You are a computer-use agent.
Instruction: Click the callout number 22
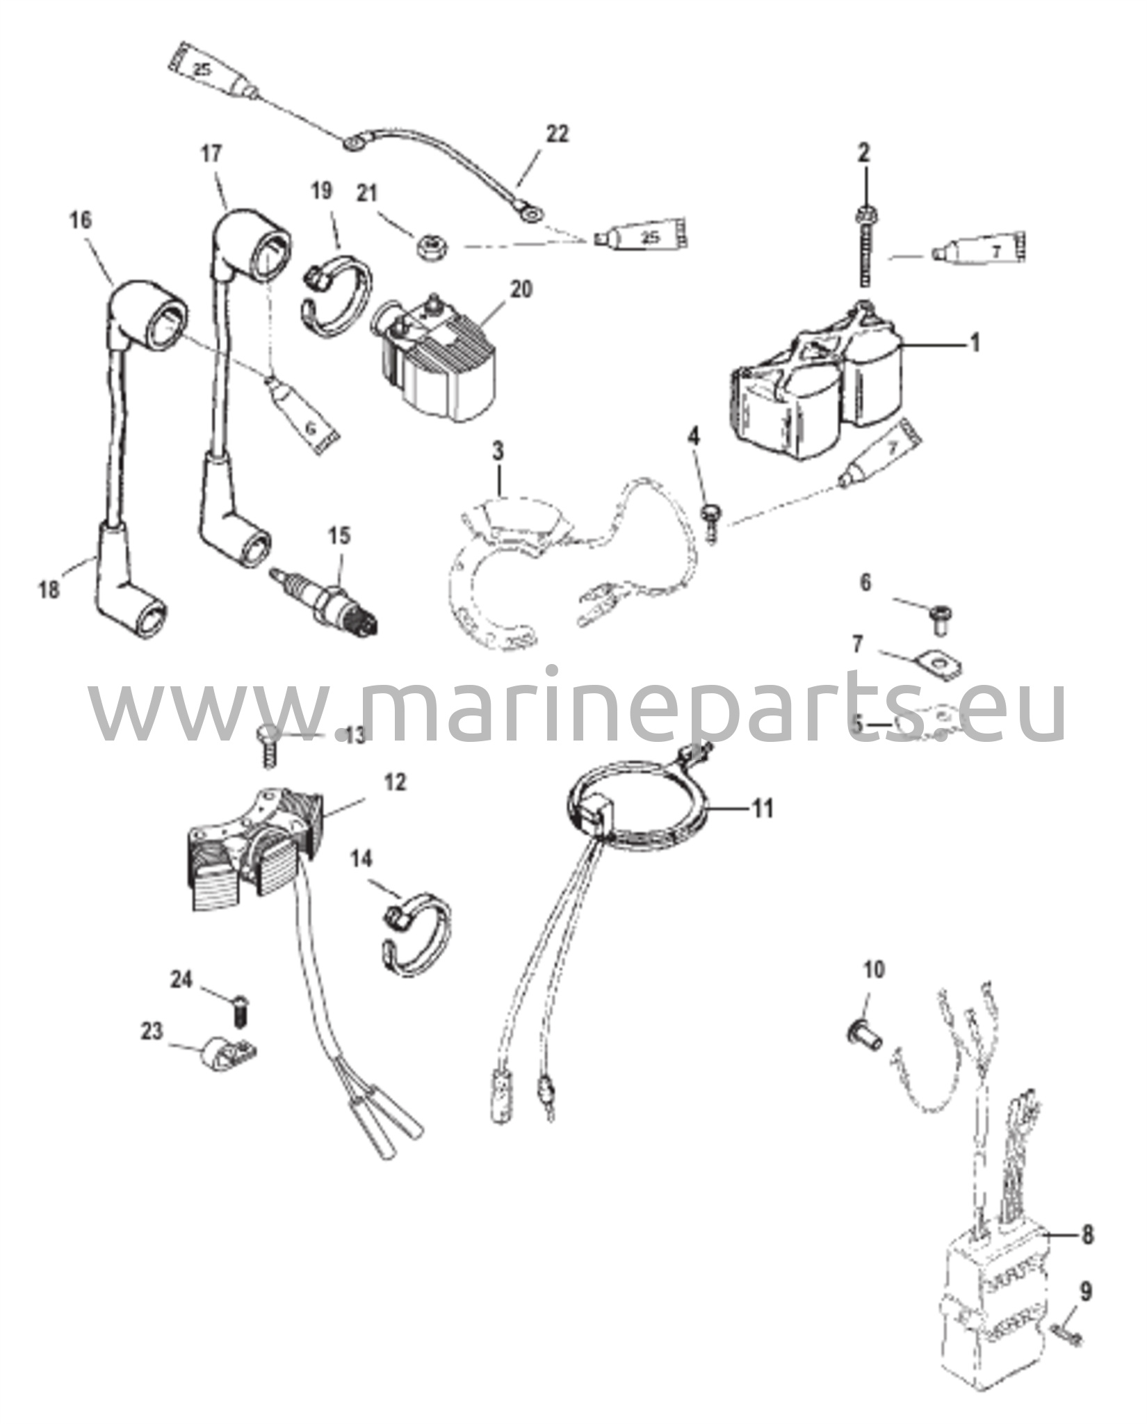click(556, 133)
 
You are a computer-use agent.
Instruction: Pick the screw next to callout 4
click(712, 522)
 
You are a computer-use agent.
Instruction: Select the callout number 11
click(763, 809)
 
